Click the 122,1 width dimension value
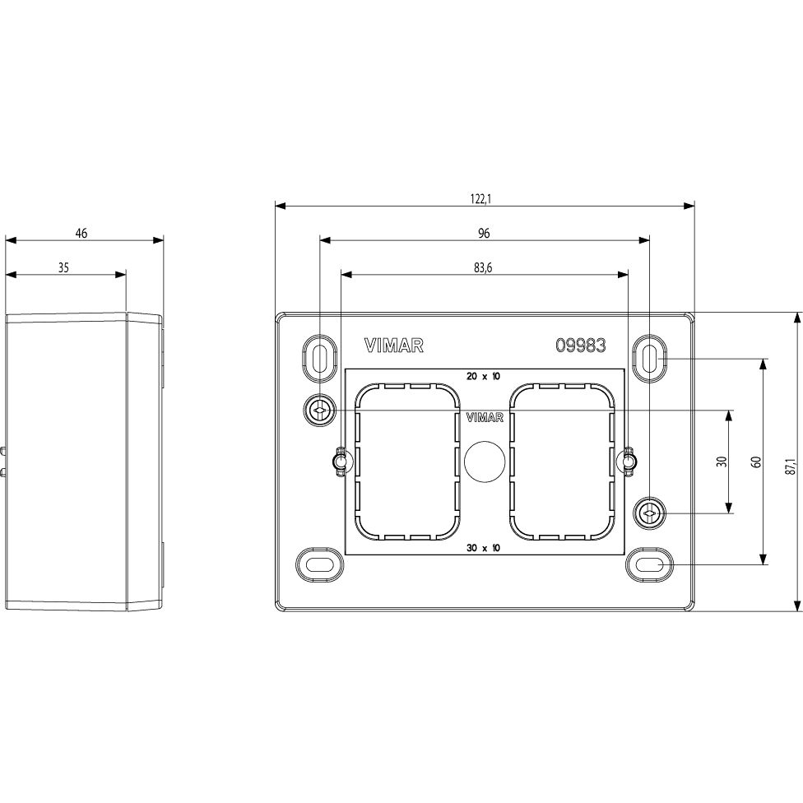pos(480,199)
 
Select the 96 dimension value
pos(484,233)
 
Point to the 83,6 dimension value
pos(483,268)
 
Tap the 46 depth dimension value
pos(81,233)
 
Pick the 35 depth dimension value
pos(63,267)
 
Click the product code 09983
pos(581,346)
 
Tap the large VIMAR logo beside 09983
pos(394,346)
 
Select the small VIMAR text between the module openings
pos(485,418)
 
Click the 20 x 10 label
pos(483,377)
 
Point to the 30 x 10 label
pos(483,548)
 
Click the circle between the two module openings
pos(485,462)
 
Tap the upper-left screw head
pos(319,411)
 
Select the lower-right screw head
pos(649,513)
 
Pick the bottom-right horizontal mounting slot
pos(649,565)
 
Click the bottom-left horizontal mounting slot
pos(320,565)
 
